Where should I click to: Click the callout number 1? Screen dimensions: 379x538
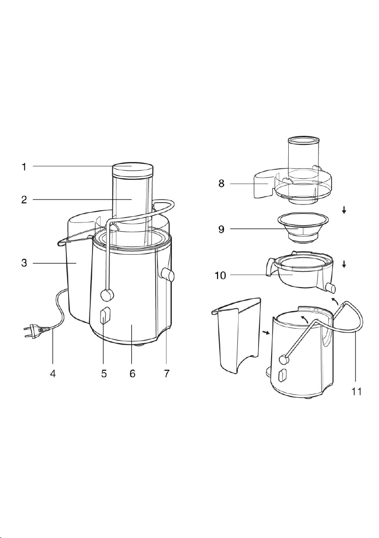coord(23,167)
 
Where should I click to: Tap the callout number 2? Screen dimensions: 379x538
coord(24,199)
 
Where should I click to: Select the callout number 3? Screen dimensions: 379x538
coord(24,264)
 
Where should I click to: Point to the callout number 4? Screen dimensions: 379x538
coord(52,373)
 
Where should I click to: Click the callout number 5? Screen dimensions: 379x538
coord(104,373)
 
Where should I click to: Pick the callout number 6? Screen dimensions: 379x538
coord(132,373)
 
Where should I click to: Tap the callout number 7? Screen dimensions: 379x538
coord(166,373)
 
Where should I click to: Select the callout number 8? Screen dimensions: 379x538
coord(222,184)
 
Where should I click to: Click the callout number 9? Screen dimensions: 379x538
coord(222,229)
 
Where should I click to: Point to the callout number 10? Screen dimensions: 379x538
coord(220,275)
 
